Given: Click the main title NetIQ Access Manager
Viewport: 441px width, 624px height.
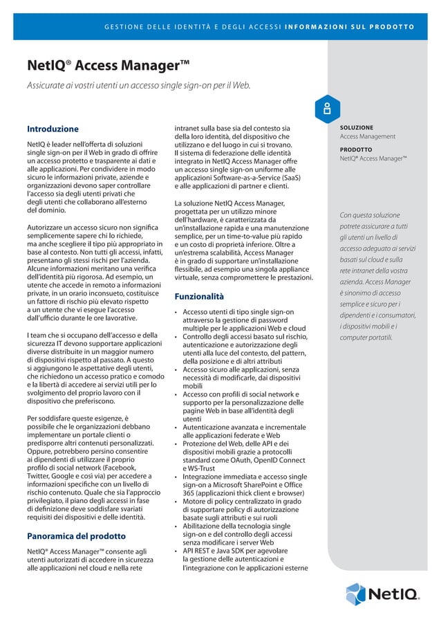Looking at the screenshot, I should pos(109,67).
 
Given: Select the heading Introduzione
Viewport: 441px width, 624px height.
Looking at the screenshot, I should pos(53,129).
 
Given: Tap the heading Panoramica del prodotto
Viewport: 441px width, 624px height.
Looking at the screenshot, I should pos(75,536).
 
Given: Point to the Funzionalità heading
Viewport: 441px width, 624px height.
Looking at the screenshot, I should pos(199,297).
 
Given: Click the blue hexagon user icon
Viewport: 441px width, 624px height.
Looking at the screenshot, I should pos(324,109).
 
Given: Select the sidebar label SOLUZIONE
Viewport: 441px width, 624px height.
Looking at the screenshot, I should pos(357,128).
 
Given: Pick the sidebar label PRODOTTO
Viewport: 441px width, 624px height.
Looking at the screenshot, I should pos(356,149).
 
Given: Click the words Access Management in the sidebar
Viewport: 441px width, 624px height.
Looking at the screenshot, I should pos(367,137).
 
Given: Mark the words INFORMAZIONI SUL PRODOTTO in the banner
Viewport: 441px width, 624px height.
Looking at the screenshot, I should pos(359,28).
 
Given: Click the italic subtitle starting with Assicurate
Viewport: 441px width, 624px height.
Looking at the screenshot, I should pos(138,86).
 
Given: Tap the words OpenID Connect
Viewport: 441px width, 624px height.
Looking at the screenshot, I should pos(283,460).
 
